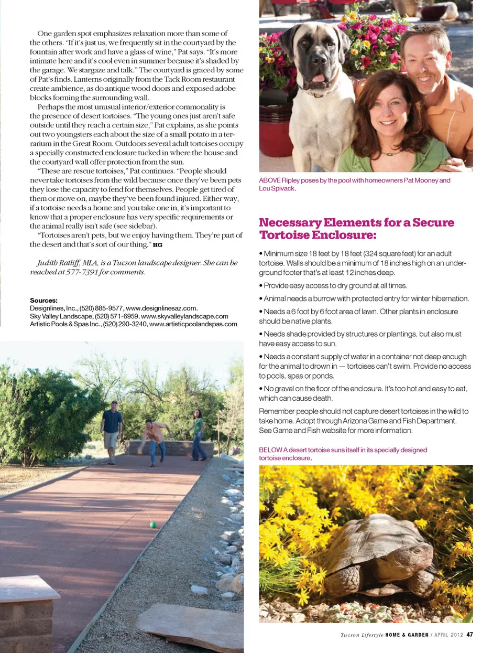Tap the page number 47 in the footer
click(469, 634)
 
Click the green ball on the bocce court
click(152, 523)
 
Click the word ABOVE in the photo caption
click(269, 180)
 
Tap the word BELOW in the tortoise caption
click(270, 450)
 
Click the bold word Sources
click(43, 301)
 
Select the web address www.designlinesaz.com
click(161, 308)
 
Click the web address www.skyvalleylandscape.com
click(184, 316)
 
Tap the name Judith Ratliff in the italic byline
click(58, 263)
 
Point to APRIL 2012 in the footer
click(449, 635)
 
